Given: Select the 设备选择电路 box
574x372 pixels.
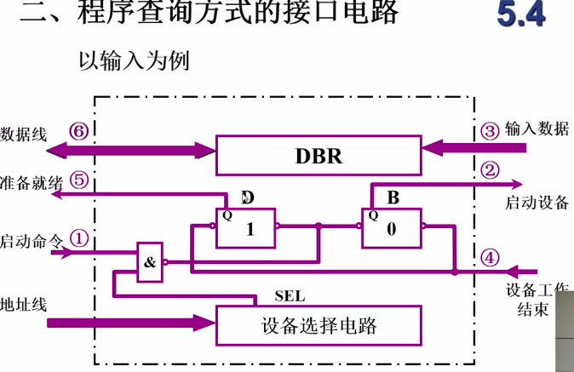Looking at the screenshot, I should coord(319,325).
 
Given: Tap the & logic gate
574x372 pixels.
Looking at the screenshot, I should coord(150,262).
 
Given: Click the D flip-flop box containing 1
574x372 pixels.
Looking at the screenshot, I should coord(246,227).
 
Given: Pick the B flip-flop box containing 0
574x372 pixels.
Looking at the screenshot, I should coord(391,227).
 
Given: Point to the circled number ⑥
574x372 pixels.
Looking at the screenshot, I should coord(78,132).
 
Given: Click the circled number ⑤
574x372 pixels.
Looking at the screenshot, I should coord(78,180).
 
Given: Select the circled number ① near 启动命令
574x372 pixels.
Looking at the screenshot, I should coord(78,239).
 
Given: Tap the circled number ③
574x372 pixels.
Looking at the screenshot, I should coord(489,130).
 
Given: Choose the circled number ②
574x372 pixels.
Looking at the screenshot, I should coord(489,170).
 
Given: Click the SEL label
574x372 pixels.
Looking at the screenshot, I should coord(290,296).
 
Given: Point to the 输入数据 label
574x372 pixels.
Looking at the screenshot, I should coord(537,129).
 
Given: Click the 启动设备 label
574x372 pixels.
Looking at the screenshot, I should coord(537,203).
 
